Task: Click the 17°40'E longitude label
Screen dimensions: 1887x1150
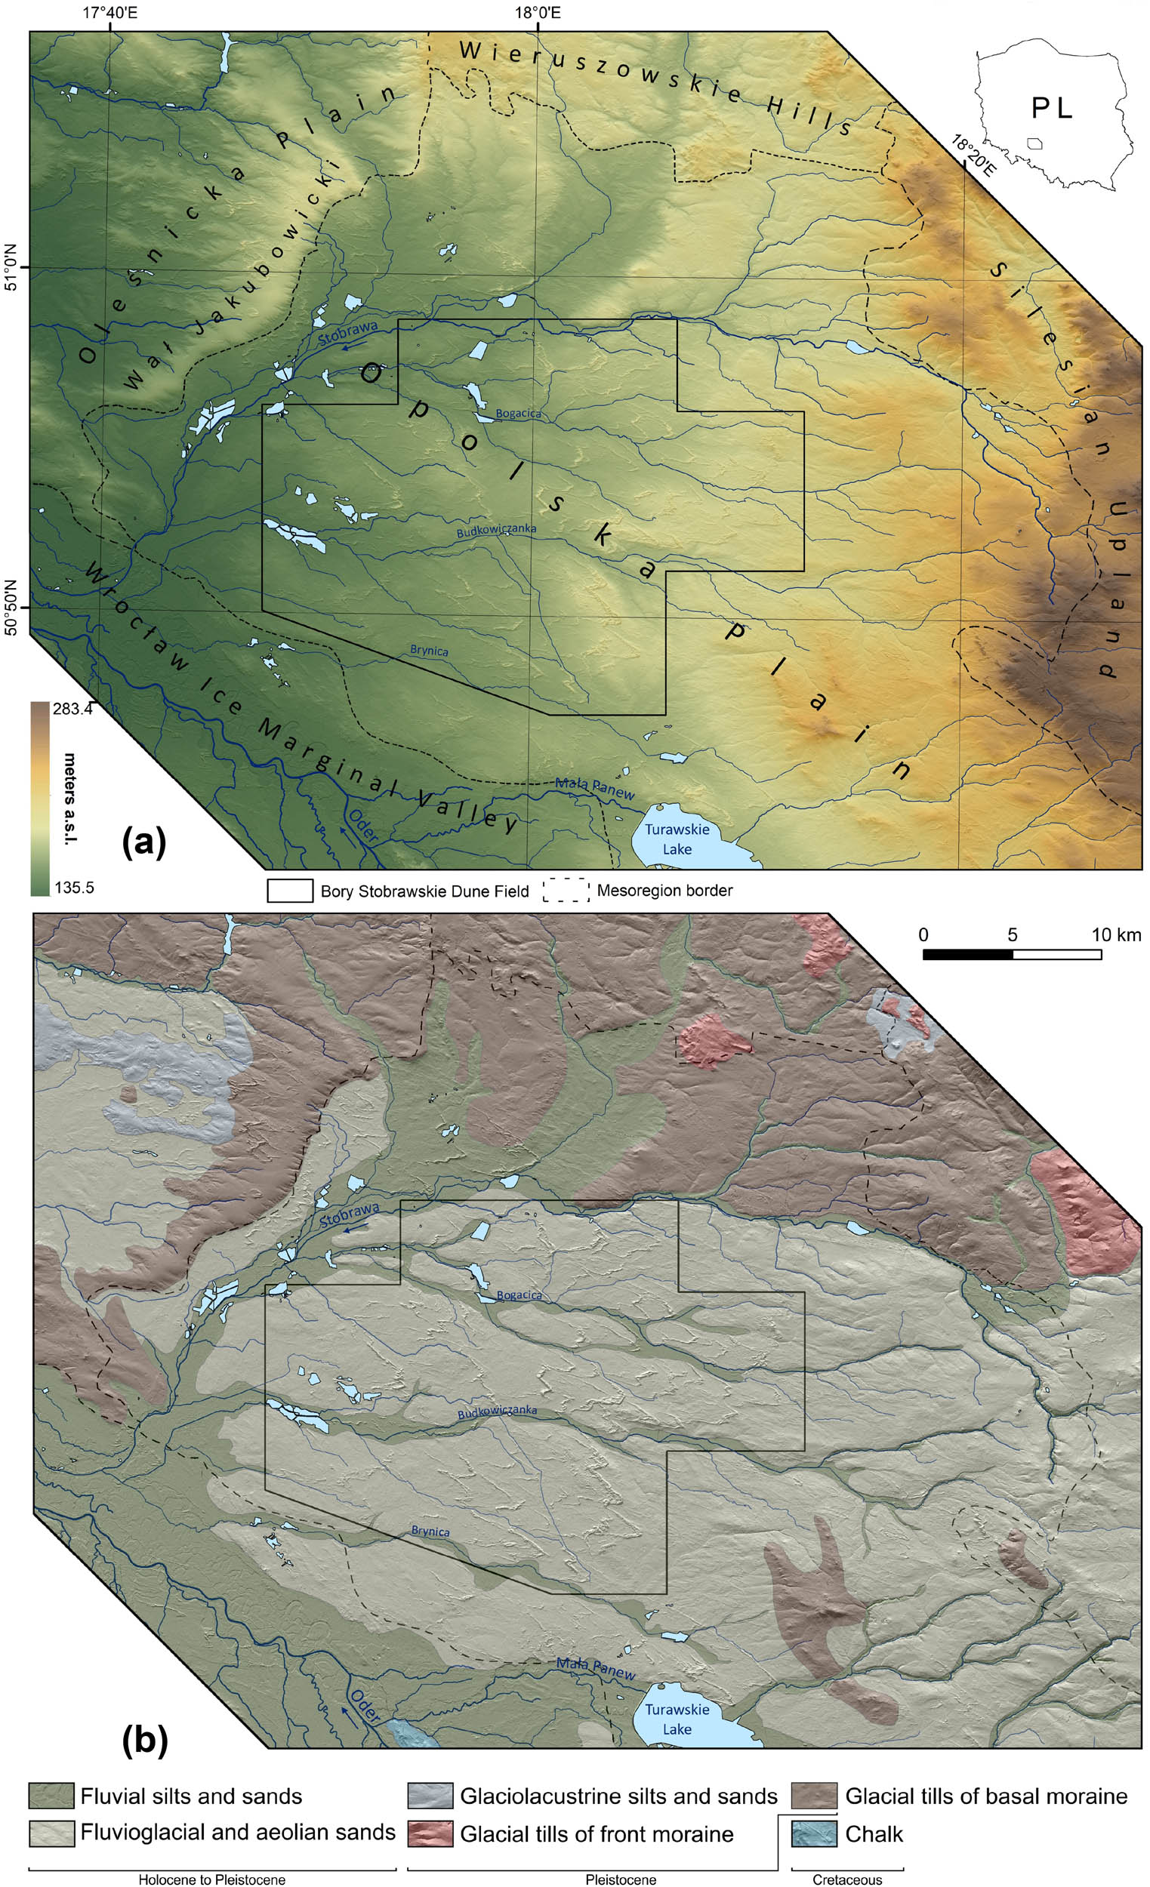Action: [x=110, y=12]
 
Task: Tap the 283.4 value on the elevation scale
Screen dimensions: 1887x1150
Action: [x=72, y=710]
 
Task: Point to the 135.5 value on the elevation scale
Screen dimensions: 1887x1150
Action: [x=72, y=888]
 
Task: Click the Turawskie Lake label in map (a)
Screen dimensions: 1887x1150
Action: [x=677, y=839]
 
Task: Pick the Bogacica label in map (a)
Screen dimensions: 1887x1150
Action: [x=518, y=414]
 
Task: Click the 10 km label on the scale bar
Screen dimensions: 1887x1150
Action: [x=1116, y=935]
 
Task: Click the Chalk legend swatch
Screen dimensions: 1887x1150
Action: [x=815, y=1833]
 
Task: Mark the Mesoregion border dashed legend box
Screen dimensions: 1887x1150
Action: [x=566, y=891]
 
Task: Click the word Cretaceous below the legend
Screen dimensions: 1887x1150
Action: [x=846, y=1879]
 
